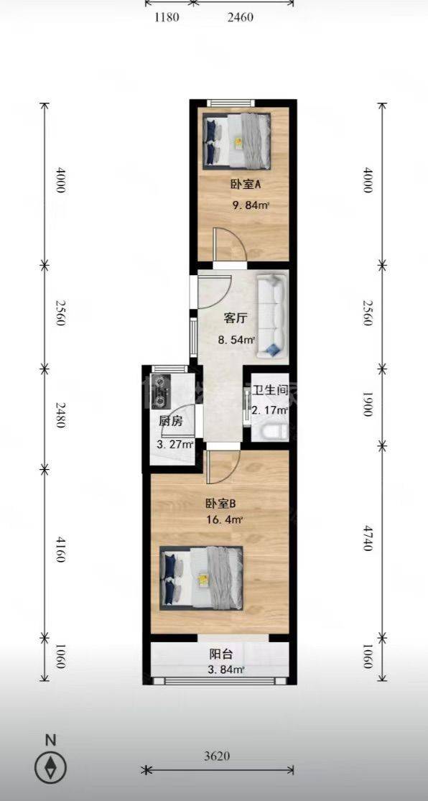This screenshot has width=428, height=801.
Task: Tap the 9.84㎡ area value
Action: point(251,206)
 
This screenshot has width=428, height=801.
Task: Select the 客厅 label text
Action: point(236,318)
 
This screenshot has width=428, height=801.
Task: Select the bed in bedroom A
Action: point(236,141)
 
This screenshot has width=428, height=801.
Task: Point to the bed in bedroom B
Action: point(201,578)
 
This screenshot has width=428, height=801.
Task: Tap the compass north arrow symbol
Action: point(51,767)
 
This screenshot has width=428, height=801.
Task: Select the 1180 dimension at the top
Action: point(167,17)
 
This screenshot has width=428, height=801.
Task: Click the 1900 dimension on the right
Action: point(367,404)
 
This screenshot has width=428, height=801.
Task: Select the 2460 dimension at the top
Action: point(240,17)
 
